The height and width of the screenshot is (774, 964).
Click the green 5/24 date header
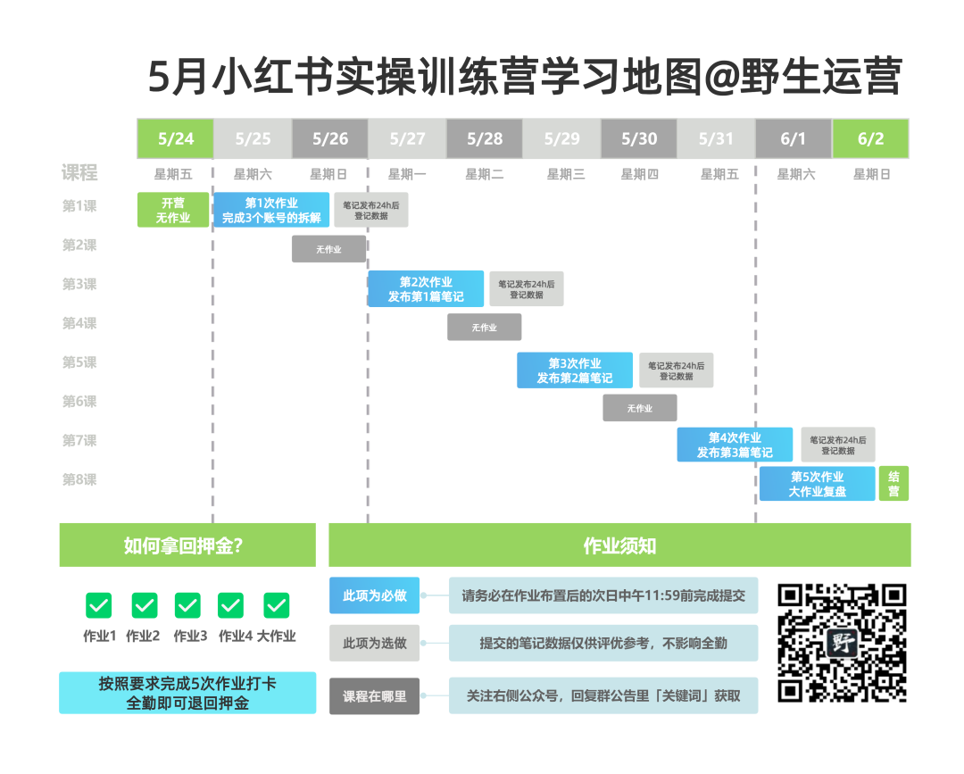pyautogui.click(x=175, y=138)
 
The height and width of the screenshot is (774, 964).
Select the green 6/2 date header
pyautogui.click(x=870, y=138)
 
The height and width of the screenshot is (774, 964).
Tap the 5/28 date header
pyautogui.click(x=485, y=138)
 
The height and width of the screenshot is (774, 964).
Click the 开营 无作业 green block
pyautogui.click(x=173, y=210)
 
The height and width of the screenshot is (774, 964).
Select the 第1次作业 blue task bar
pyautogui.click(x=271, y=210)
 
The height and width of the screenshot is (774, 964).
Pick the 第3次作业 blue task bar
pyautogui.click(x=575, y=370)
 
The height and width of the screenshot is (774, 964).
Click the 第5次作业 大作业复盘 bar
pyautogui.click(x=817, y=484)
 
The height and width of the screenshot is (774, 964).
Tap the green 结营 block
pyautogui.click(x=893, y=484)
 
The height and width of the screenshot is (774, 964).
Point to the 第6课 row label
pyautogui.click(x=79, y=402)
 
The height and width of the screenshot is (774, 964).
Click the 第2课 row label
pyautogui.click(x=79, y=245)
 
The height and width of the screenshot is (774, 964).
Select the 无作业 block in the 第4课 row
pyautogui.click(x=484, y=328)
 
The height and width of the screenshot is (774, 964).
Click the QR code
pyautogui.click(x=842, y=643)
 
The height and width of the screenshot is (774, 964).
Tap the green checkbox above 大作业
pyautogui.click(x=277, y=606)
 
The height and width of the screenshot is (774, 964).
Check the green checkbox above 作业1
pyautogui.click(x=99, y=606)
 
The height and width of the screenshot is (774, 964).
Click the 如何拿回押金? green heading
pyautogui.click(x=187, y=545)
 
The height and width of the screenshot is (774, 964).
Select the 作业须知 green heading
pyautogui.click(x=619, y=545)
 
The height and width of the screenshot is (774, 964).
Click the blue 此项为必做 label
pyautogui.click(x=374, y=595)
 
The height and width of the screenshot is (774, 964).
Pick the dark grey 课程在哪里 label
pyautogui.click(x=374, y=696)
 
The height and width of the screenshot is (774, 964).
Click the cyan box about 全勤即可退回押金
pyautogui.click(x=187, y=693)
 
